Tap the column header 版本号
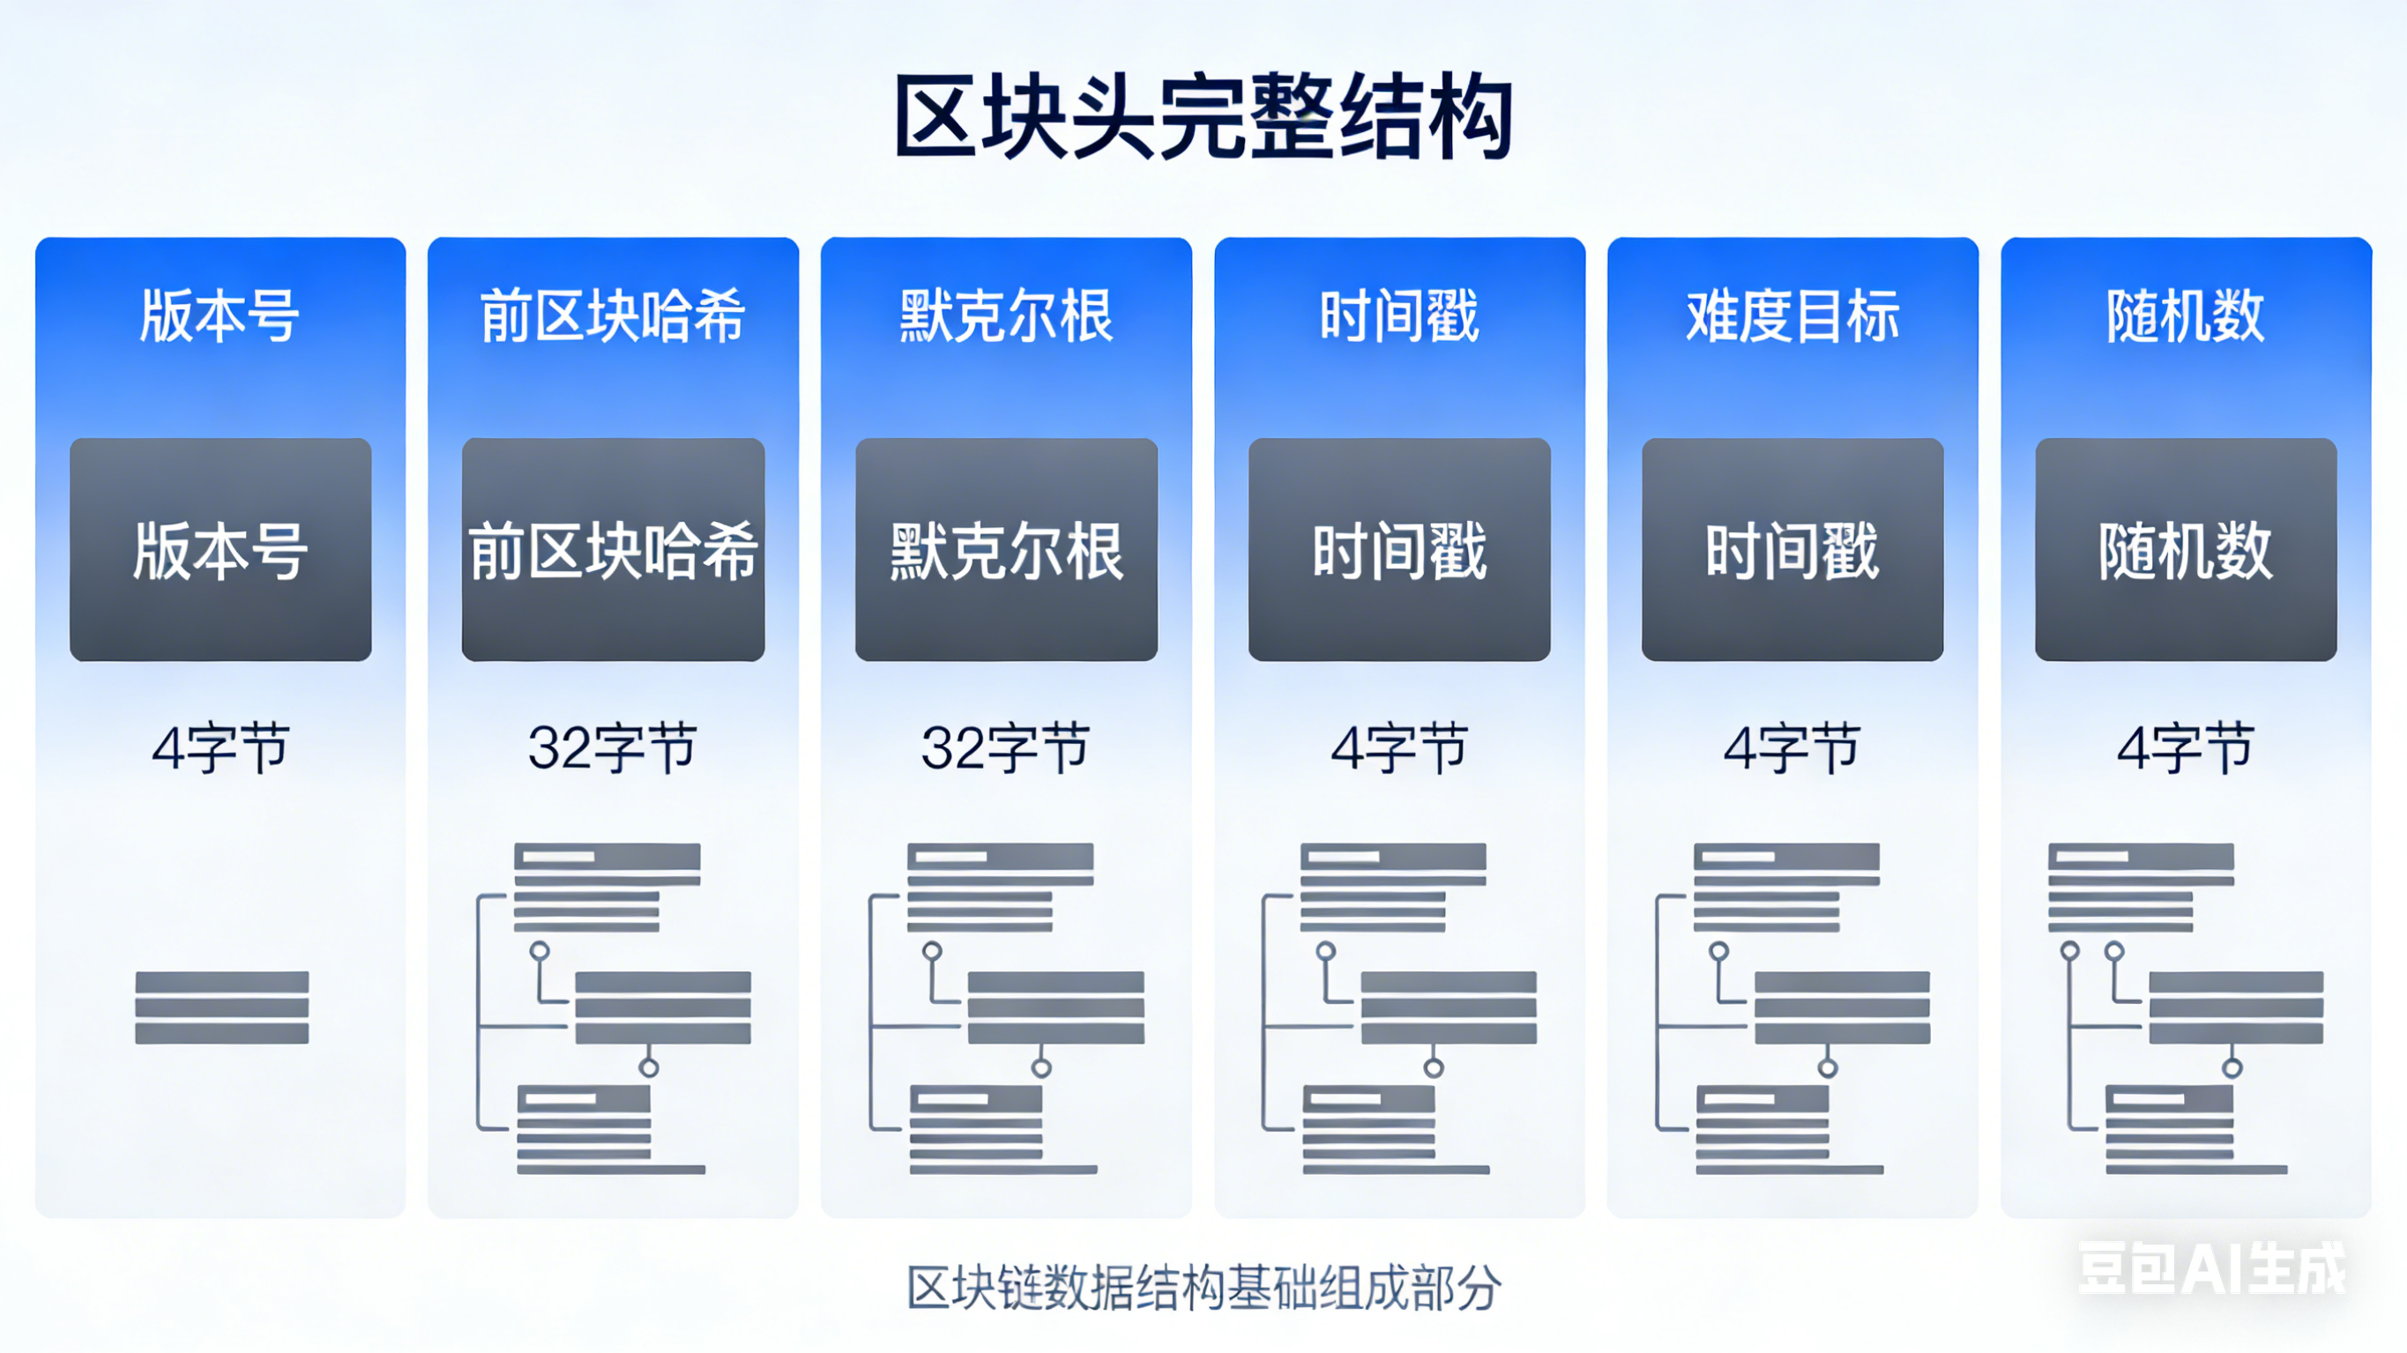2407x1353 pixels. [x=220, y=316]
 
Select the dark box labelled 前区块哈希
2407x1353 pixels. [x=613, y=549]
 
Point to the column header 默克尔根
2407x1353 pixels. [x=1006, y=316]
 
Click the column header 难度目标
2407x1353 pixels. [x=1792, y=316]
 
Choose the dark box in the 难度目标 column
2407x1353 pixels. [x=1792, y=549]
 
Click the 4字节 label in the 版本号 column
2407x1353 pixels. [x=220, y=747]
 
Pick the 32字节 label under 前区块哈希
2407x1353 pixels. [x=613, y=747]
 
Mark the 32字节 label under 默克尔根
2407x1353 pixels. [x=1006, y=747]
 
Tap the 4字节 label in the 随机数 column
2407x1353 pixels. [x=2186, y=747]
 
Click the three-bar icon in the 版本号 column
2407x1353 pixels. [x=221, y=1007]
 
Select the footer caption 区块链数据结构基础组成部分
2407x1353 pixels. [x=1203, y=1288]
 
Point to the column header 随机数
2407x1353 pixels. [x=2186, y=316]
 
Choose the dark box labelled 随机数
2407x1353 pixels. [x=2186, y=549]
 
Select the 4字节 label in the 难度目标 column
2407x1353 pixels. [x=1792, y=747]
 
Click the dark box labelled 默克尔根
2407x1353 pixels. [x=1006, y=549]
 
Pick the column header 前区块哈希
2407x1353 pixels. [x=613, y=316]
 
